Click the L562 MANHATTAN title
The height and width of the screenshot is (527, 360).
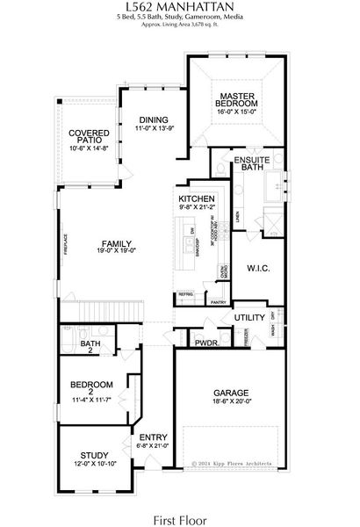point(179,7)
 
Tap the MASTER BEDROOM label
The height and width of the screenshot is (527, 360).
point(237,99)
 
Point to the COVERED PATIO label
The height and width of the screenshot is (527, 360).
point(89,137)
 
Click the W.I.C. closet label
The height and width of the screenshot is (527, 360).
point(257,266)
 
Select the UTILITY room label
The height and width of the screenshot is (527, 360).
point(249,318)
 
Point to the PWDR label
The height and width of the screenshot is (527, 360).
point(206,343)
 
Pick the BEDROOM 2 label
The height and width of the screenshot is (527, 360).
point(92,385)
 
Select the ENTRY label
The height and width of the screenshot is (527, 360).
point(155,436)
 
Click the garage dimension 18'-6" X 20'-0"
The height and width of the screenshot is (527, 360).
point(232,402)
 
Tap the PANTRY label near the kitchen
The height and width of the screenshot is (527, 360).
point(219,303)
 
